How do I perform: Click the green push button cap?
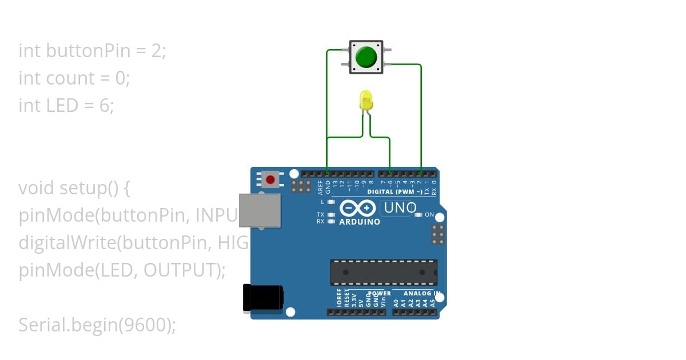366,57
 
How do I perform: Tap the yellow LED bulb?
366,101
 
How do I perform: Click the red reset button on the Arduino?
270,180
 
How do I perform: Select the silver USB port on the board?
260,210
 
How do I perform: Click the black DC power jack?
262,298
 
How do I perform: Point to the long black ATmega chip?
384,272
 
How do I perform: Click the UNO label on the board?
400,208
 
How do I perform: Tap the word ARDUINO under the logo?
360,222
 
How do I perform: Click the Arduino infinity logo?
357,208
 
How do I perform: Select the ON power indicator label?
429,215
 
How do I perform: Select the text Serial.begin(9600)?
97,325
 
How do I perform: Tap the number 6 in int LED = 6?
105,106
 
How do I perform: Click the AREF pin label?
321,185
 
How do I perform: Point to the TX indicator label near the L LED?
321,215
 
